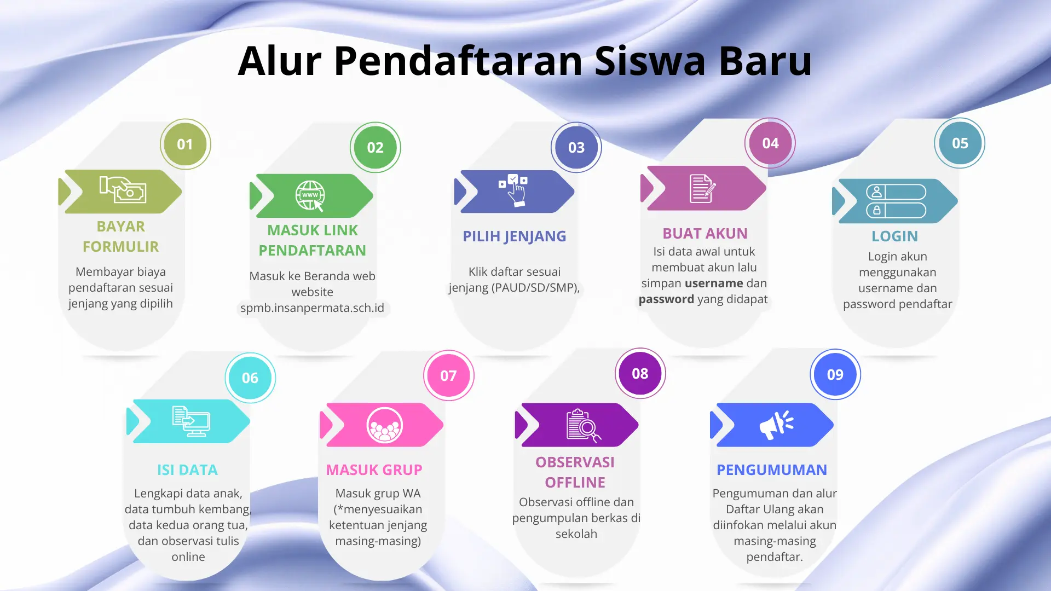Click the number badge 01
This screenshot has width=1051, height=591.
[185, 144]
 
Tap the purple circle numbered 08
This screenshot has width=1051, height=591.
[640, 374]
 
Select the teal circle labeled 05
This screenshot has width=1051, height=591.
[960, 143]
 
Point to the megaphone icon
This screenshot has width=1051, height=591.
[776, 425]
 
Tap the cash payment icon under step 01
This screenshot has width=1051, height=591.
[123, 190]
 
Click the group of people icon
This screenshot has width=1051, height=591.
[384, 425]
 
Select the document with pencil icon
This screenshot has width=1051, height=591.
[702, 189]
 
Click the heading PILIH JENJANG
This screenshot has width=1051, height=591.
[514, 236]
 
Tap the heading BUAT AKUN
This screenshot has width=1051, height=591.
[704, 234]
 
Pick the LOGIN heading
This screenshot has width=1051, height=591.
[894, 236]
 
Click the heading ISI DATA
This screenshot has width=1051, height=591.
[187, 470]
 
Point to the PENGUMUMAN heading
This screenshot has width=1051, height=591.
[771, 470]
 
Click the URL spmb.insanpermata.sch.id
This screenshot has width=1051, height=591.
[312, 308]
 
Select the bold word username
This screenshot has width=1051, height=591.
[714, 283]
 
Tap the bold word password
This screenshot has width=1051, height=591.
[666, 299]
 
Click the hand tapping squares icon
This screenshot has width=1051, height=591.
[513, 190]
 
